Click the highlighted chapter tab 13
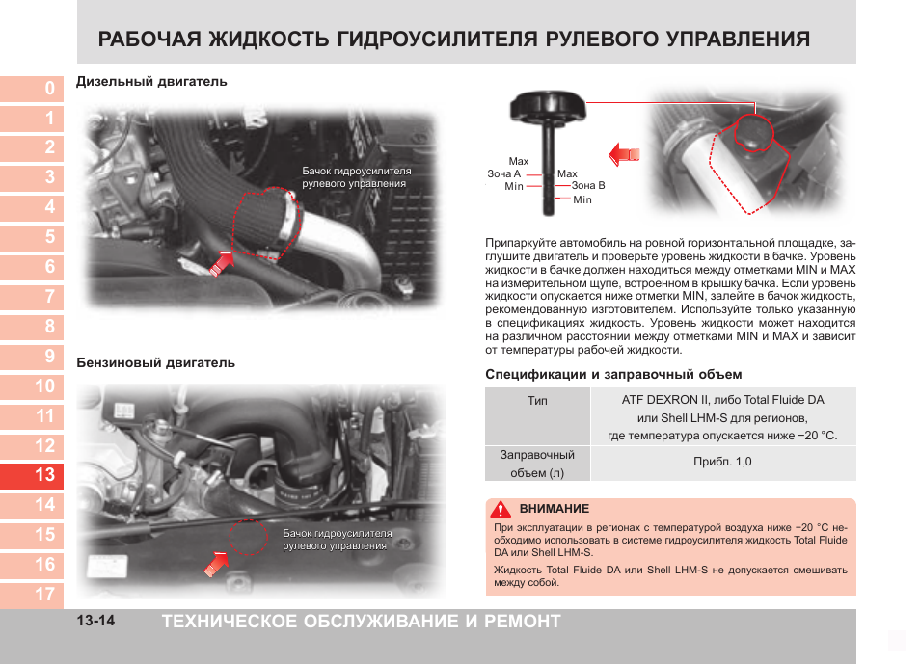pos(32,475)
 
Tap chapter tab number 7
pos(32,297)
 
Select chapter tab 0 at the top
pos(32,89)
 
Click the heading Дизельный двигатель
pos(151,82)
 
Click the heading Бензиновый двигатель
pos(155,363)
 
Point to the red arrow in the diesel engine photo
pos(222,259)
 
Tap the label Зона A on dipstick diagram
pos(504,173)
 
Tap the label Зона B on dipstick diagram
pos(588,185)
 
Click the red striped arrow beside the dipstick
pos(624,152)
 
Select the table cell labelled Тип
pos(537,400)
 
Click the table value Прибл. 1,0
pos(721,462)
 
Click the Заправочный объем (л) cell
pos(537,463)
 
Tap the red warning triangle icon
pos(500,509)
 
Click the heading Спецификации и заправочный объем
pos(612,374)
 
